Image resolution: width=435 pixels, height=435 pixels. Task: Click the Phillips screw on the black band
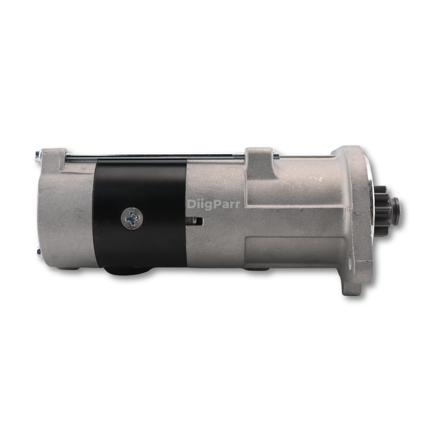(132, 217)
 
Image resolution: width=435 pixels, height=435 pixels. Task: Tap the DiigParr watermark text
(213, 203)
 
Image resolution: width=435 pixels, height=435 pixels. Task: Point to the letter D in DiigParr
(191, 203)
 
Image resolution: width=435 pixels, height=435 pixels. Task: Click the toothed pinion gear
(382, 211)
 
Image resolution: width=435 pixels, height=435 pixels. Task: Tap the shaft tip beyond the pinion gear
(395, 211)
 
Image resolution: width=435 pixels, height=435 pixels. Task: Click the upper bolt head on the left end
(38, 155)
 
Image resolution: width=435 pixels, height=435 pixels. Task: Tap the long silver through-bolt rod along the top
(155, 158)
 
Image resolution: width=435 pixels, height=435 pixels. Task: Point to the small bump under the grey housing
(255, 269)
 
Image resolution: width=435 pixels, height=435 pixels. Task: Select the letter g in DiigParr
(206, 204)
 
